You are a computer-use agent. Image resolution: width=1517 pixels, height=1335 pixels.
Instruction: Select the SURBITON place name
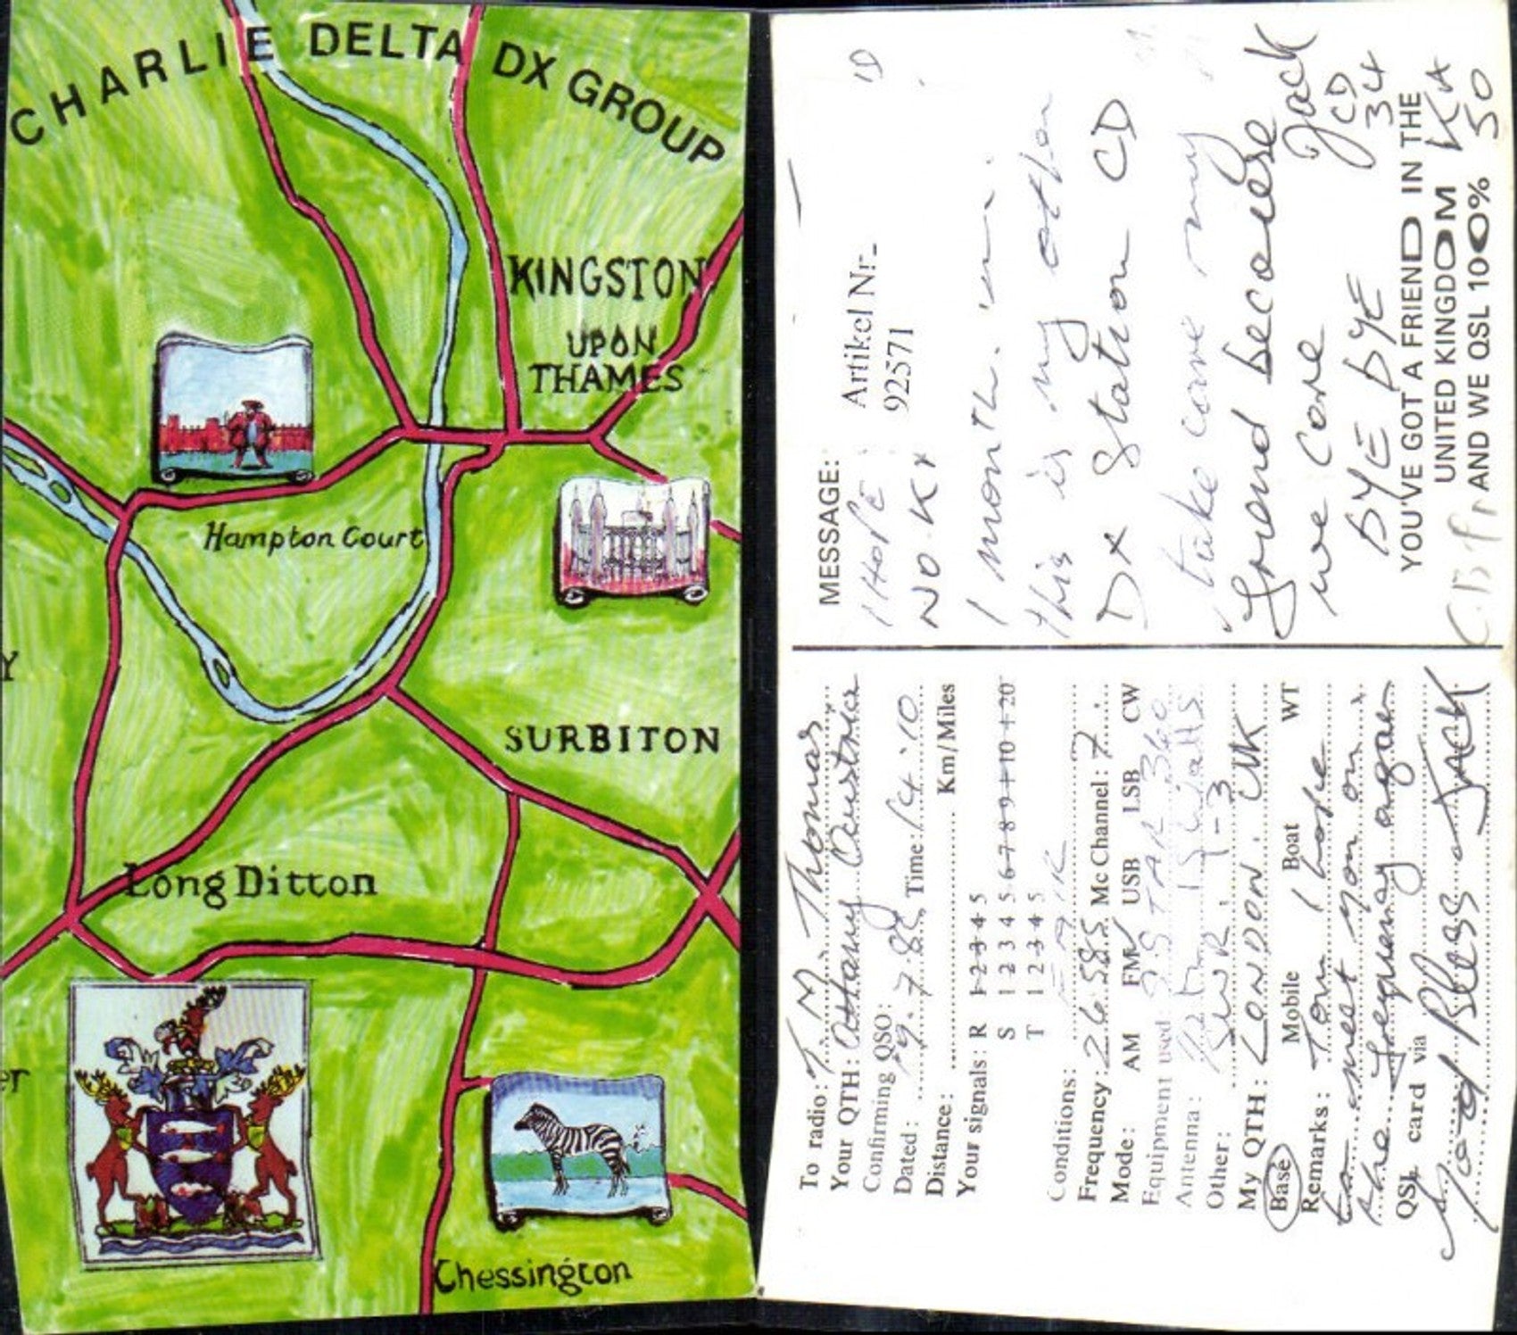coord(612,740)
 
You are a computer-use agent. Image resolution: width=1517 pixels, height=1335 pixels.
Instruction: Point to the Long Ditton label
coord(251,884)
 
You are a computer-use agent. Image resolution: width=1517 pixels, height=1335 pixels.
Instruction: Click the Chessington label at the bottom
coord(533,1275)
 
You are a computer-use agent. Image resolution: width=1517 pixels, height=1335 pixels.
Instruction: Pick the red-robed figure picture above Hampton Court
coord(236,409)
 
